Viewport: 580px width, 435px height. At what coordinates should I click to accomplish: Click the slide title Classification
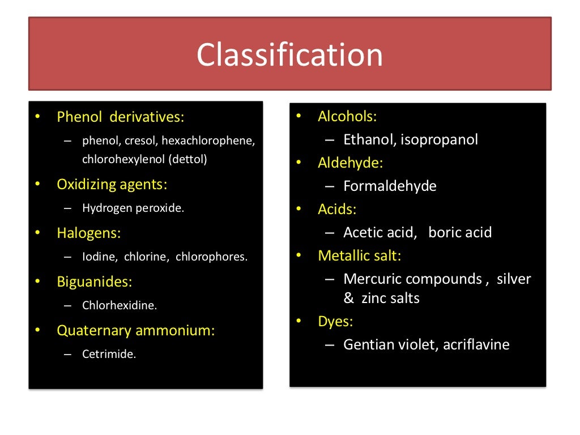[289, 54]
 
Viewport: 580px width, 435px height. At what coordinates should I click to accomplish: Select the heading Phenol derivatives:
[121, 117]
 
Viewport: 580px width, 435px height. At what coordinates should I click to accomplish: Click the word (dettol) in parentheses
[187, 159]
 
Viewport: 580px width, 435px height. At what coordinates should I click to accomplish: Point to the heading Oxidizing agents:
[112, 184]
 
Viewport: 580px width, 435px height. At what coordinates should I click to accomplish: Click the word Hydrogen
[107, 208]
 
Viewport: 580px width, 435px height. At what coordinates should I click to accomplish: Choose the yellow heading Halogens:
[89, 233]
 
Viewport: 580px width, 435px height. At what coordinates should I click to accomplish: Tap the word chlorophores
[211, 257]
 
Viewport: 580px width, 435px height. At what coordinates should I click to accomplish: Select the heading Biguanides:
[94, 282]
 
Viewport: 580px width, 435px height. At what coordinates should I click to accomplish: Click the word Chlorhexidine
[119, 305]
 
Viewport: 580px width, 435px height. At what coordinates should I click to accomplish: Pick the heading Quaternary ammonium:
[136, 330]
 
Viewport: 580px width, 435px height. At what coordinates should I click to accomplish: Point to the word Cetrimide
[109, 355]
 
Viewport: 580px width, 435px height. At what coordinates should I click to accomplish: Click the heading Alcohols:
[347, 117]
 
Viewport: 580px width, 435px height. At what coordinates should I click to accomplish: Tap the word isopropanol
[439, 139]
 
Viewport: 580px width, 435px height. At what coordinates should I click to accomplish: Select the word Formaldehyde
[390, 186]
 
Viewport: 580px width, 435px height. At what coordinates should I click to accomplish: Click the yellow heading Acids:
[337, 210]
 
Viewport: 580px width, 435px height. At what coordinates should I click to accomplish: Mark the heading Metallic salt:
[359, 255]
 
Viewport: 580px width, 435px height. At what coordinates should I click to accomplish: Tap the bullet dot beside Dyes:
[299, 322]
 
